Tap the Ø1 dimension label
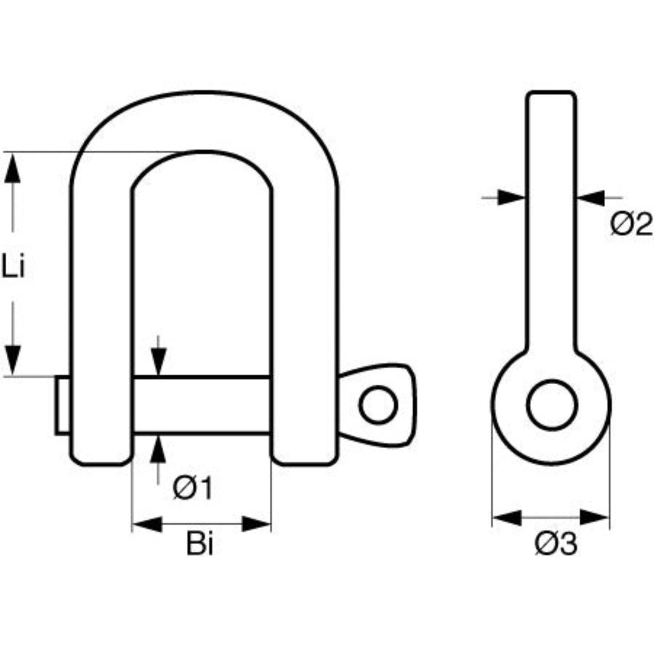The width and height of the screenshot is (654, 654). click(x=192, y=489)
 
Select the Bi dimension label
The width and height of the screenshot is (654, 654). click(x=200, y=546)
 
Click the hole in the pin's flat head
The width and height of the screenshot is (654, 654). click(x=377, y=405)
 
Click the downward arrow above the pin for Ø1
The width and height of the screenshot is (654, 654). click(x=159, y=362)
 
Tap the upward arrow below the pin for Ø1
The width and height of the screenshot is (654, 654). click(x=159, y=449)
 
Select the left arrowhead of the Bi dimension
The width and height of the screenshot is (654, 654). click(x=146, y=525)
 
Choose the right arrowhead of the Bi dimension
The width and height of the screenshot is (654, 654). click(x=257, y=525)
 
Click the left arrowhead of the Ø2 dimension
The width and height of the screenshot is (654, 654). click(x=512, y=198)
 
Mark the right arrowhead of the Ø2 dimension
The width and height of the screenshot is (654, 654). click(x=591, y=198)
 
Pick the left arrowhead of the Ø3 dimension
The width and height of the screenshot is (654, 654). click(x=506, y=516)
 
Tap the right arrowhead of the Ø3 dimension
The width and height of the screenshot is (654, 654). click(x=595, y=516)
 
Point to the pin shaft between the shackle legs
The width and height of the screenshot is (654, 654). click(x=201, y=405)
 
